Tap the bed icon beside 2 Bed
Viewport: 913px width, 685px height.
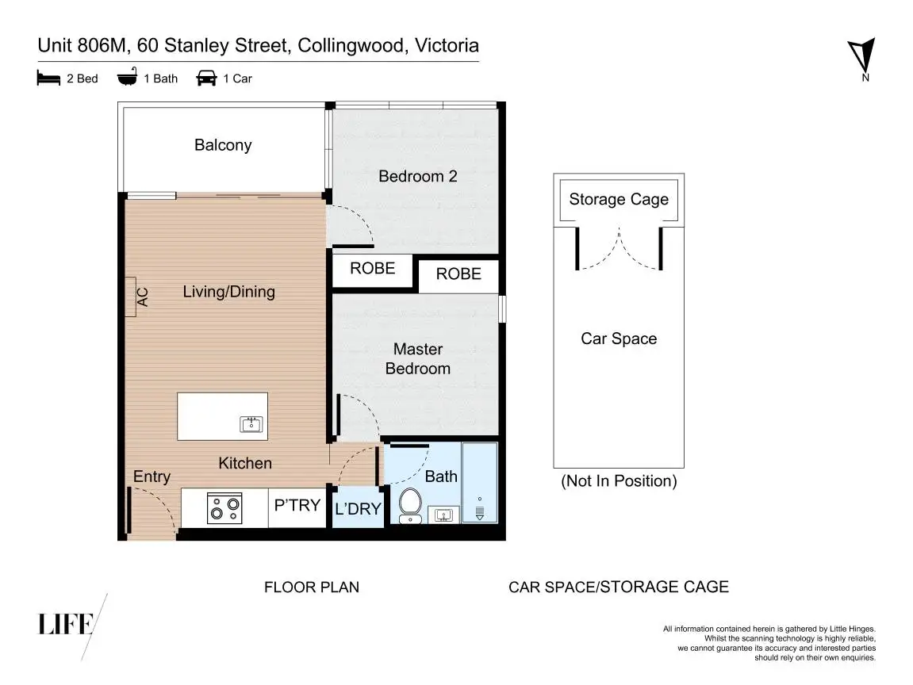(48, 78)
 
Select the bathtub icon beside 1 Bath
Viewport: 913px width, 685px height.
(127, 77)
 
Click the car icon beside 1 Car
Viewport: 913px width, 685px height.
(206, 78)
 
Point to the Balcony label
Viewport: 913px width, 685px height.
(223, 145)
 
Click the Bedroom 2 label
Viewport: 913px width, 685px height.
(417, 176)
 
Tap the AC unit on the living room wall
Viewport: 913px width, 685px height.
(130, 297)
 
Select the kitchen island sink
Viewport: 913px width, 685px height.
(251, 423)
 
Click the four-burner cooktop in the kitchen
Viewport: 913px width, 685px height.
(224, 508)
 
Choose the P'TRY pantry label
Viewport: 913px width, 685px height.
(297, 504)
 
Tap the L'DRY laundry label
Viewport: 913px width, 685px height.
(358, 509)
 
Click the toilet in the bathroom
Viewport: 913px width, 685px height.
(411, 505)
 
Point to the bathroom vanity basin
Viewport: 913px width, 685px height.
(443, 515)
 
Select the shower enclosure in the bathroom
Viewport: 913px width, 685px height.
(479, 483)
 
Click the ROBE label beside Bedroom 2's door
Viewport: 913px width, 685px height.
(373, 268)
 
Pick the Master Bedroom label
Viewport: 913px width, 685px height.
(417, 358)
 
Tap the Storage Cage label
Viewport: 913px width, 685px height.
(619, 200)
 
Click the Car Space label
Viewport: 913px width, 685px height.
(619, 339)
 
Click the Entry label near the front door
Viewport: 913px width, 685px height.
(152, 476)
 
